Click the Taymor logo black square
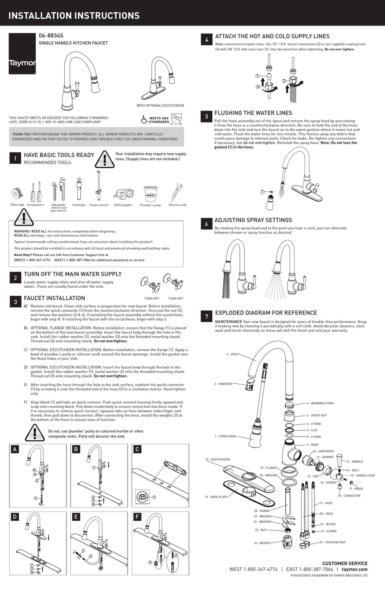pos(22,54)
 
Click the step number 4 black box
pos(207,40)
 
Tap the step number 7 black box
pos(207,316)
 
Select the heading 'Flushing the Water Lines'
pos(253,113)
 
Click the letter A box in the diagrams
pos(15,449)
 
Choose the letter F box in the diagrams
pos(137,517)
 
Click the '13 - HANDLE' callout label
pos(355,462)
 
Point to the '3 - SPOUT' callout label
pos(233,354)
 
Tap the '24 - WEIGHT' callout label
pos(262,543)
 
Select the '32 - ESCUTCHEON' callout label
pos(217,460)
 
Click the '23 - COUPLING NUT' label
pos(332,542)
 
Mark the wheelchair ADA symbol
pos(144,119)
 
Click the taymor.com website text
pos(355,569)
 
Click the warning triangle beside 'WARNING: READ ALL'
pos(24,218)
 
